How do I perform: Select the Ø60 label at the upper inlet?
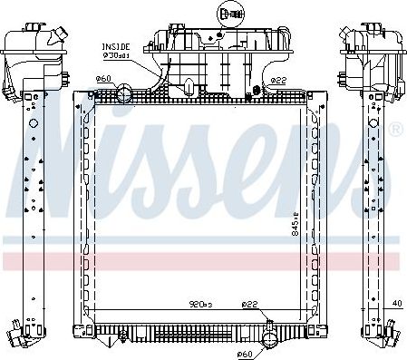(103, 79)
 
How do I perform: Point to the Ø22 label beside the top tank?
(278, 80)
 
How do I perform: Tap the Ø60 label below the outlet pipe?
(243, 353)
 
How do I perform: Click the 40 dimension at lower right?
(398, 303)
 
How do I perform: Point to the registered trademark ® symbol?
(395, 131)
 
